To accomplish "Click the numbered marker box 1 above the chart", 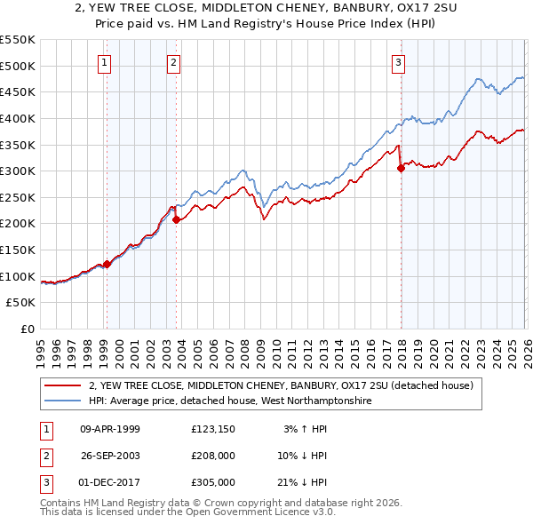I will [x=106, y=62].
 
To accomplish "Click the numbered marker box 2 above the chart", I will [x=172, y=62].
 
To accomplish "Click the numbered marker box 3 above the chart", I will [x=399, y=62].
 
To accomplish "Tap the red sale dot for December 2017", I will [x=401, y=169].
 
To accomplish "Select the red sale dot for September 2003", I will [x=177, y=219].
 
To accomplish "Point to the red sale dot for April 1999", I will [x=107, y=264].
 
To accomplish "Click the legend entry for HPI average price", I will [x=229, y=401].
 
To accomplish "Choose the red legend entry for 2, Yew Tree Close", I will [x=284, y=386].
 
